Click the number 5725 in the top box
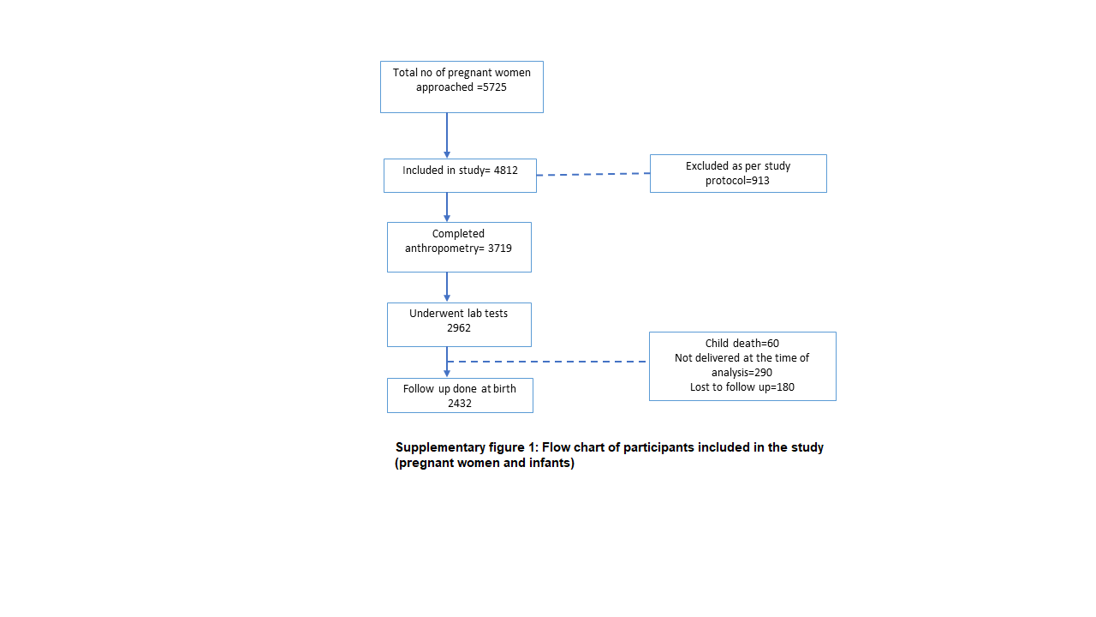pos(494,87)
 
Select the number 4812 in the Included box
pos(505,171)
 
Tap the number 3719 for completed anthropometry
pos(499,249)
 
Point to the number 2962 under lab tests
pos(458,328)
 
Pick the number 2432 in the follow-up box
pos(460,404)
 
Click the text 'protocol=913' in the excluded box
pos(737,181)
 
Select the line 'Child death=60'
pos(742,344)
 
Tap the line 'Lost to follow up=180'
pos(742,387)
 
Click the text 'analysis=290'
pos(742,373)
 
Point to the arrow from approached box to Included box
pos(447,135)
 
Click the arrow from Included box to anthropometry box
pos(447,207)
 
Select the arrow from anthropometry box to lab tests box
pos(447,287)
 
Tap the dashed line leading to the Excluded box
pos(593,174)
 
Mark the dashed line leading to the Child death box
pos(546,362)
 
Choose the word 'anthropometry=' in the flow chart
pos(444,249)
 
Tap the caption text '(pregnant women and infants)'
pos(485,463)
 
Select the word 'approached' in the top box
pos(444,87)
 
